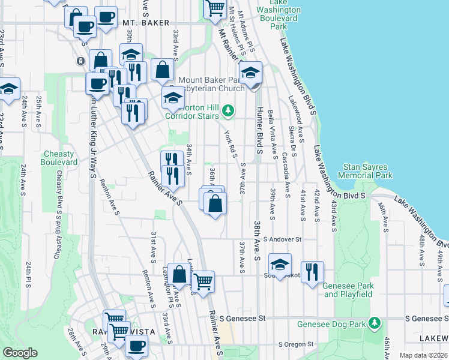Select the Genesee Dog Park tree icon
375,323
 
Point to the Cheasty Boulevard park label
59,158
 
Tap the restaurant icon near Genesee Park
312,272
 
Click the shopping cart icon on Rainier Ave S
204,280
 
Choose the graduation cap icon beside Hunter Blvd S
250,74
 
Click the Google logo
20,353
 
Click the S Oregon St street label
296,344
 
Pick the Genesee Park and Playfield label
348,290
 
